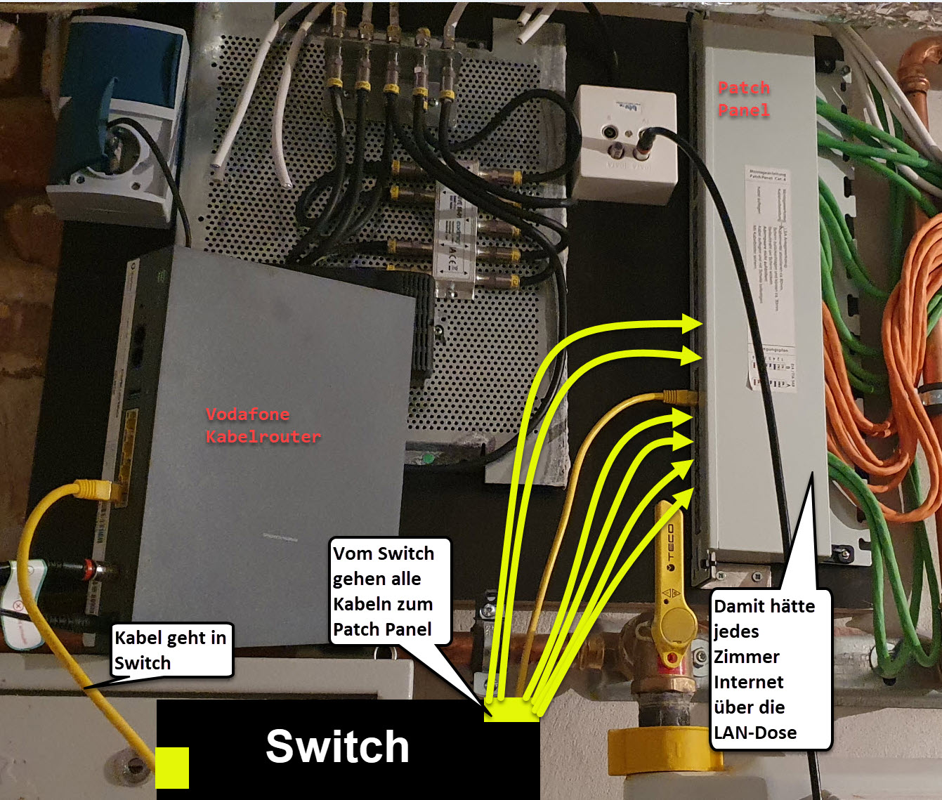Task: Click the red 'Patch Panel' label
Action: tap(744, 99)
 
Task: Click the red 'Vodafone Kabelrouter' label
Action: tap(263, 425)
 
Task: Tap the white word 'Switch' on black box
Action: tap(337, 746)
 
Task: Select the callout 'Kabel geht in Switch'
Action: tap(171, 650)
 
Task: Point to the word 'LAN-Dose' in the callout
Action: tap(755, 733)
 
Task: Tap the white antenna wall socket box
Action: tap(624, 143)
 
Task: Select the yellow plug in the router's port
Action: tap(95, 489)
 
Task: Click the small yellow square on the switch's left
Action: tap(172, 767)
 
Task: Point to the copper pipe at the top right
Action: tap(926, 70)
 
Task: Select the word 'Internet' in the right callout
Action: tap(749, 682)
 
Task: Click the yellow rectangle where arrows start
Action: tap(511, 709)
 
